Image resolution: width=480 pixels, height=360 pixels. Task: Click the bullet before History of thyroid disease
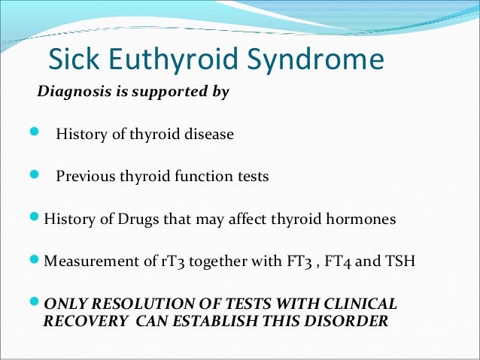point(33,134)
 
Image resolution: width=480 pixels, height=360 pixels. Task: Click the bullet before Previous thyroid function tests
point(33,176)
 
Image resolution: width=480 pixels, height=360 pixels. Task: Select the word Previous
point(82,177)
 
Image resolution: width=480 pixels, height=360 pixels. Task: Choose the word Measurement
point(86,262)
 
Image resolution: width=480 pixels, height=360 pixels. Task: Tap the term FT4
point(329,262)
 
